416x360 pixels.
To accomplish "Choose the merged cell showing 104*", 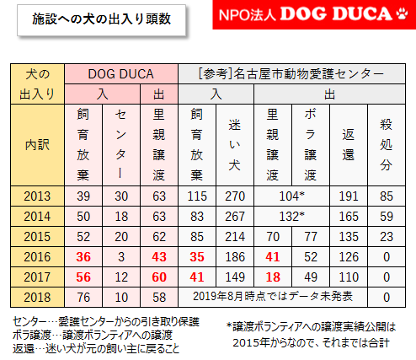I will [291, 196].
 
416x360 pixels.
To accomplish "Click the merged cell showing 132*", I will [291, 217].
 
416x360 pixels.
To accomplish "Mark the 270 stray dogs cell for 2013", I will [234, 196].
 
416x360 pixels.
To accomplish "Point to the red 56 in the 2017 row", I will [83, 277].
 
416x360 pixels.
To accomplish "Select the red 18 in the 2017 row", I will [272, 277].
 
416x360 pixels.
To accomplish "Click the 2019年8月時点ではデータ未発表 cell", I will [271, 297].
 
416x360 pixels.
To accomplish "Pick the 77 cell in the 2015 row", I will [310, 237].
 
